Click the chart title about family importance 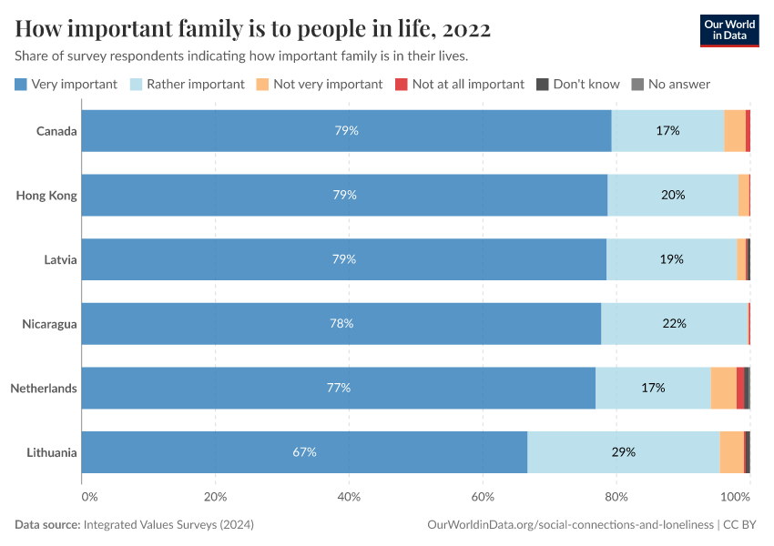[253, 29]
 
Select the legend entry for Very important [66, 84]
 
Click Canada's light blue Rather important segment [667, 130]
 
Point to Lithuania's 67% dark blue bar [304, 452]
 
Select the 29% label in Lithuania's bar [624, 452]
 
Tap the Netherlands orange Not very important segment [723, 388]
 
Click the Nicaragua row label [50, 324]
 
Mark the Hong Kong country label [46, 195]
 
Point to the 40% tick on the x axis [349, 497]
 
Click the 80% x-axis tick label [616, 497]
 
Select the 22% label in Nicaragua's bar [675, 324]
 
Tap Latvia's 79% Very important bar [343, 259]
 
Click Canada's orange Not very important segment [735, 130]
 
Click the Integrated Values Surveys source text [168, 525]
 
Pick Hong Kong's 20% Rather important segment [673, 195]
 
